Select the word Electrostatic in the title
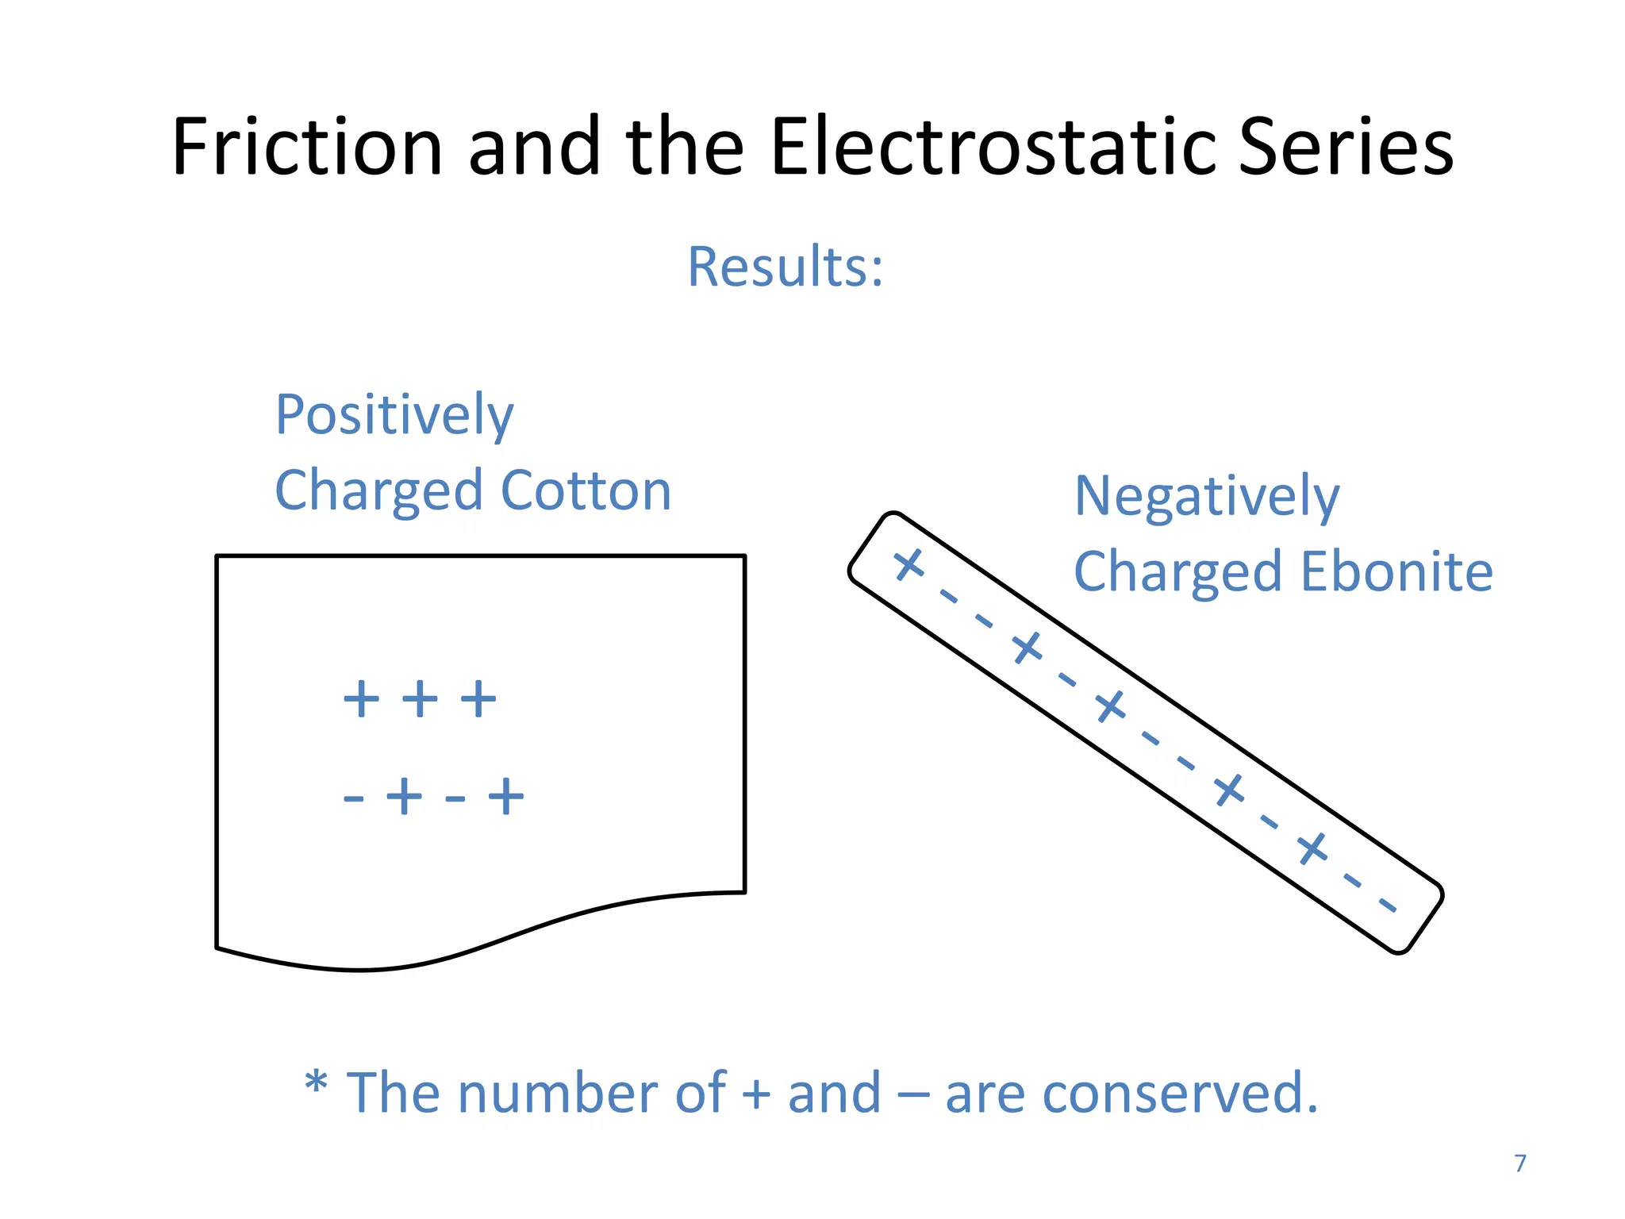coord(993,147)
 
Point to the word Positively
coord(394,415)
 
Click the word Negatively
coord(1206,497)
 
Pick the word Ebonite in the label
coord(1396,571)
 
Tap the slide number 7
coord(1520,1163)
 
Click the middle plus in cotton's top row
coord(420,699)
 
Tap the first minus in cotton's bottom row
coord(353,798)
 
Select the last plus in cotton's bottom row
coord(506,796)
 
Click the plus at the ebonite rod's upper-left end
coord(909,565)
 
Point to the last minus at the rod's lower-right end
coord(1387,906)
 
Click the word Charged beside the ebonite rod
coord(1177,571)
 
